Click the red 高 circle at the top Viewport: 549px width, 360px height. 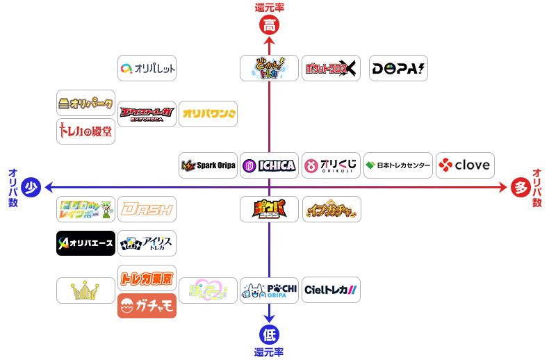pyautogui.click(x=269, y=26)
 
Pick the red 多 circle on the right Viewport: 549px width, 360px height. pyautogui.click(x=519, y=187)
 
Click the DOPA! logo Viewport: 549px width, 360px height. pyautogui.click(x=398, y=68)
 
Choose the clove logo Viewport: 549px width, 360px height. pyautogui.click(x=465, y=165)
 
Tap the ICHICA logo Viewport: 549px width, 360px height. pyautogui.click(x=270, y=165)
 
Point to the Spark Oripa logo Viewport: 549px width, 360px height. pyautogui.click(x=208, y=165)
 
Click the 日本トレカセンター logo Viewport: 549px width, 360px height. pyautogui.click(x=398, y=165)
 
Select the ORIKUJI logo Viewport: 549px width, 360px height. pyautogui.click(x=331, y=165)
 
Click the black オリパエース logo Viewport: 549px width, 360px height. pyautogui.click(x=85, y=243)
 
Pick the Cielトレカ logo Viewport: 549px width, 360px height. pyautogui.click(x=331, y=290)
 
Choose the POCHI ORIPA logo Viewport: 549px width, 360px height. pyautogui.click(x=270, y=290)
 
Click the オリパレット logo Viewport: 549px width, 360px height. pyautogui.click(x=147, y=68)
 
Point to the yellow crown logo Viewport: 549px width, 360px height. pyautogui.click(x=85, y=290)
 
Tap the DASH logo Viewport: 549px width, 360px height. pyautogui.click(x=147, y=208)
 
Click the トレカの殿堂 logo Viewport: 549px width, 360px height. pyautogui.click(x=85, y=131)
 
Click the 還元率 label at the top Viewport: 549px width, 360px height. pyautogui.click(x=269, y=8)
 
